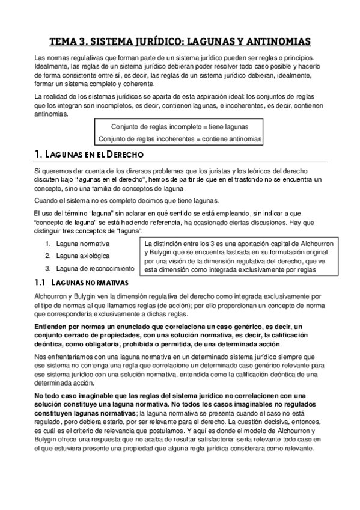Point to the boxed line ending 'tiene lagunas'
click(x=180, y=127)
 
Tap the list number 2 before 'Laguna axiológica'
click(x=47, y=256)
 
